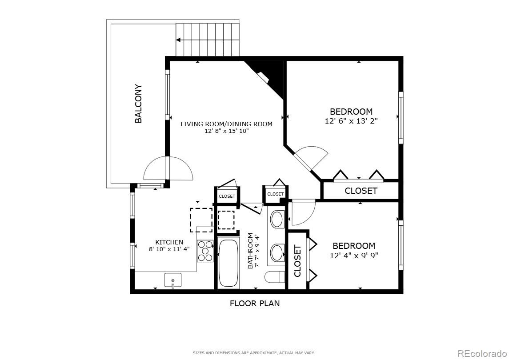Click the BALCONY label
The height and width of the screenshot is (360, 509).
coord(139,104)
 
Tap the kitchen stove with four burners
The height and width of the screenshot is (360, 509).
coord(205,251)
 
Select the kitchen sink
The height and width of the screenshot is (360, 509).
coord(172,280)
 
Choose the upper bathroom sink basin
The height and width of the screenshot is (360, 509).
coord(277,220)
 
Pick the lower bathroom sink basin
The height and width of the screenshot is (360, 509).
coord(277,253)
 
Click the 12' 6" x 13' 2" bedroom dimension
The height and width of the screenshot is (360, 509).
coord(351,121)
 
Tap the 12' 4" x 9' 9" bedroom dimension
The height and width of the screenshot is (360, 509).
coord(354,256)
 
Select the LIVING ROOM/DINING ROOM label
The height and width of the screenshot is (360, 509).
coord(227,124)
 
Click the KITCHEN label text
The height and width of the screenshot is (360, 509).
coord(169,242)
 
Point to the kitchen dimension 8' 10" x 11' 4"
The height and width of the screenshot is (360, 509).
coord(169,249)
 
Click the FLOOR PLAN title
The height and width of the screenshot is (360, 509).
coord(255,303)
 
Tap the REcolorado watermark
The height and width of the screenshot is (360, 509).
coord(481,353)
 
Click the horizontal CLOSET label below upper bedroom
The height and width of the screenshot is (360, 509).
coord(361,191)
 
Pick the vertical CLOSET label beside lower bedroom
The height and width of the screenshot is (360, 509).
coord(297,261)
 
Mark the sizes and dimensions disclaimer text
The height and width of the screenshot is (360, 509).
coord(254,353)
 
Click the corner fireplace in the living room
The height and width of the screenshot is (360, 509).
coord(269,75)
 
